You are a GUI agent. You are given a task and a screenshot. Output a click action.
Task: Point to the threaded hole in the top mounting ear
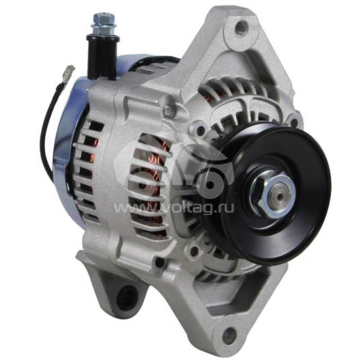point(239,28)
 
